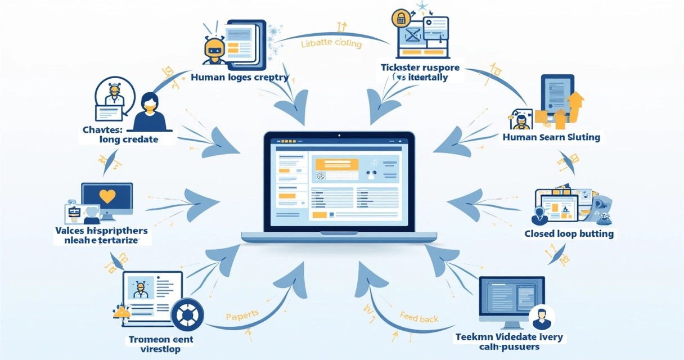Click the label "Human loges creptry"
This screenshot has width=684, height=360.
[x=240, y=77]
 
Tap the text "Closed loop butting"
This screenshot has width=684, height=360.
[x=569, y=233]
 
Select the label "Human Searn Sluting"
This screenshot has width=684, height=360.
[x=551, y=137]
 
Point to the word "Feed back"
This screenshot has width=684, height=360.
[x=419, y=318]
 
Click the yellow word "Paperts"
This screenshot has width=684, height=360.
[x=242, y=316]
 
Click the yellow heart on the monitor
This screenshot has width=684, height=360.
[x=107, y=196]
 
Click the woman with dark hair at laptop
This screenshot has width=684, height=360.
[x=150, y=112]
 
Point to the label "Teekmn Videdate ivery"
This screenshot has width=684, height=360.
[x=509, y=337]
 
